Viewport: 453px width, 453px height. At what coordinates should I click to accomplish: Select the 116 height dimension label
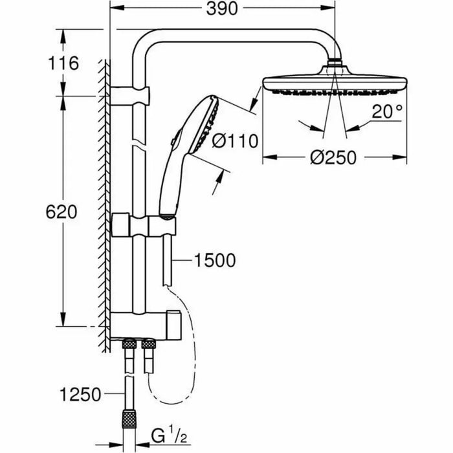[x=63, y=63]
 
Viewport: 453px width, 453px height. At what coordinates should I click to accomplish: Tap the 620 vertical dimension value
[x=63, y=212]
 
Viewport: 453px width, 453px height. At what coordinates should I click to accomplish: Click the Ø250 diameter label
[x=333, y=158]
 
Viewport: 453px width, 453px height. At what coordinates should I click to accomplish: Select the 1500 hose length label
[x=214, y=261]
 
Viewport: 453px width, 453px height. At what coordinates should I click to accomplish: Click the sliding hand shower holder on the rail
[x=144, y=225]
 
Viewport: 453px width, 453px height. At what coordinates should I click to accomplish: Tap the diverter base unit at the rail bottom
[x=146, y=322]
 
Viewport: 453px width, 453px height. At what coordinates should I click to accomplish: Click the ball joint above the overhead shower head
[x=335, y=64]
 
